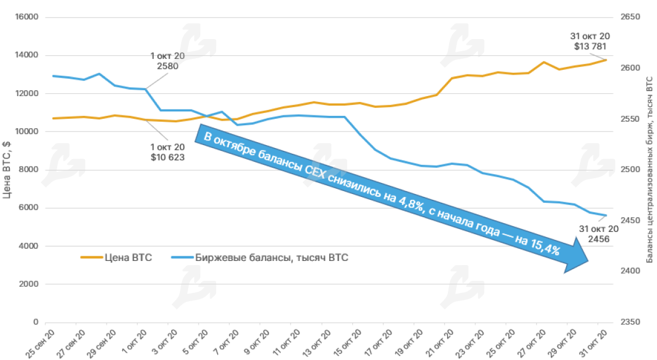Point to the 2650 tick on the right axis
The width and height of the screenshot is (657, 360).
[630, 17]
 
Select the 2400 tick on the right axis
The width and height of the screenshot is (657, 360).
[630, 271]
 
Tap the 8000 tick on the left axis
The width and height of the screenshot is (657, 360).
[30, 170]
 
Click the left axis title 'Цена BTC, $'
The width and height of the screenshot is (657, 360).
[7, 169]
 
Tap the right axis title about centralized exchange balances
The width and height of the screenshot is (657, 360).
[649, 169]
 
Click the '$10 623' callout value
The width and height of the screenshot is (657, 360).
[167, 157]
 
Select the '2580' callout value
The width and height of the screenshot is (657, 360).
[167, 66]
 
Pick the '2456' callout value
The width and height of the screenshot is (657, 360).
[599, 239]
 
